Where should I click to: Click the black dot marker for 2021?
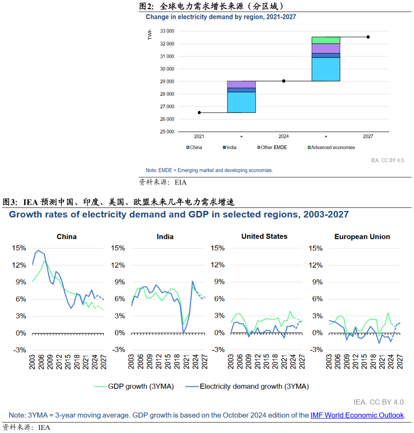click(199, 113)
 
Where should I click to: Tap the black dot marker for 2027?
click(368, 37)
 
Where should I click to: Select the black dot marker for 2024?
click(284, 81)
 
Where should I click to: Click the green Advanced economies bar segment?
click(326, 40)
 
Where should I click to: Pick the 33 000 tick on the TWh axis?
click(167, 31)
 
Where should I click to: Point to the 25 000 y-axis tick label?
click(167, 132)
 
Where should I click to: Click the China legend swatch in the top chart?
click(188, 148)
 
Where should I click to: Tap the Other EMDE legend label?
click(273, 148)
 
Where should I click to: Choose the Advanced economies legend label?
click(333, 148)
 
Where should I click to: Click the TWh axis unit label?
click(150, 35)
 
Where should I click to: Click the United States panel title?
click(264, 237)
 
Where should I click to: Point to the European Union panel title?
click(362, 237)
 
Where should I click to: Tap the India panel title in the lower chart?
click(165, 237)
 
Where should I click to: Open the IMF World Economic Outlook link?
click(357, 415)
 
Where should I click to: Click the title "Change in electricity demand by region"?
click(221, 17)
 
